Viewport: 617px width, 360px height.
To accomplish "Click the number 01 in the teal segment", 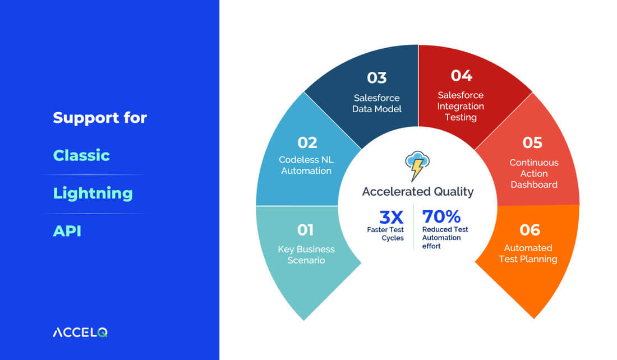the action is pos(305,230).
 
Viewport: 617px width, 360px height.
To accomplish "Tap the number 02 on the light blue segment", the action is pos(307,143).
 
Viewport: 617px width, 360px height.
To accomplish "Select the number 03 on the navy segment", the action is pos(376,78).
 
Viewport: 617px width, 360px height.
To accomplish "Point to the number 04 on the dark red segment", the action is pos(461,76).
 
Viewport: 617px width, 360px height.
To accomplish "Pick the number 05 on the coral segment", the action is pos(532,143).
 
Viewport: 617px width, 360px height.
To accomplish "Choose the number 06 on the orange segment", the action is pos(529,230).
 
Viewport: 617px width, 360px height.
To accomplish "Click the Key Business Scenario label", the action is pos(306,255).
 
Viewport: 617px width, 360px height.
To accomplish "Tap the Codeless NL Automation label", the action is pos(306,165).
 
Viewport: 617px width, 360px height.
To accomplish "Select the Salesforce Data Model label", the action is pos(376,104).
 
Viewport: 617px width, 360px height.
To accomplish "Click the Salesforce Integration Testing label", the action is pos(461,106).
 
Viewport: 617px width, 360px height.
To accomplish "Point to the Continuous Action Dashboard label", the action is pos(534,173).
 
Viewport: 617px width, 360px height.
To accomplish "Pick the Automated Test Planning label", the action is pos(528,254).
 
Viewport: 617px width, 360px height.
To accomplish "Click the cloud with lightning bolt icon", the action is pos(417,165).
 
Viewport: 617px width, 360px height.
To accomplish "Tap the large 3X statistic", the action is pos(392,217).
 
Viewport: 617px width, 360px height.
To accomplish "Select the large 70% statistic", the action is pos(441,217).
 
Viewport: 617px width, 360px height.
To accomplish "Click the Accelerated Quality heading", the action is pos(418,192).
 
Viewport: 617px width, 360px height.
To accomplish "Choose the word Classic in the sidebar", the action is pos(81,155).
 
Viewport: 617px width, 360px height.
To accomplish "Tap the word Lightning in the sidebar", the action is pos(93,193).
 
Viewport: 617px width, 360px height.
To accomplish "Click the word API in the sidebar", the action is pos(67,231).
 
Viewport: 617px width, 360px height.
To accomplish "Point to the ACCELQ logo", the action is pos(80,333).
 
